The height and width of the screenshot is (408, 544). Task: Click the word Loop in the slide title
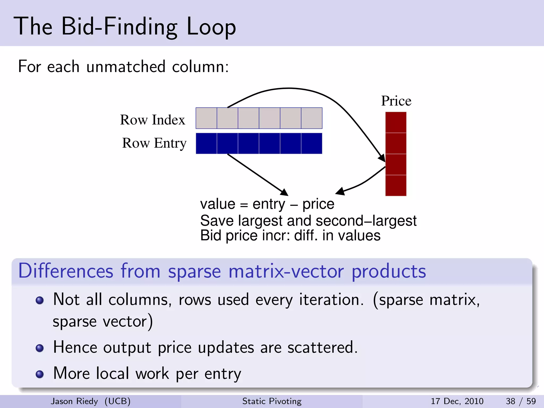point(211,27)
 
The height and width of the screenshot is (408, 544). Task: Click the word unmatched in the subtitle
point(126,66)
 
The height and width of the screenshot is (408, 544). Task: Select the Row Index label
point(152,120)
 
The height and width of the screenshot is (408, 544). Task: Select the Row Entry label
point(154,143)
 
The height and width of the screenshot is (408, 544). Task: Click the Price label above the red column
point(396,101)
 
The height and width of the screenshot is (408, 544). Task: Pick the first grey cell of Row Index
point(206,118)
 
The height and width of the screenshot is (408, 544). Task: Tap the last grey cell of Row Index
point(312,118)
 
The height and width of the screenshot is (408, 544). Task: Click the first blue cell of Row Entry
point(206,143)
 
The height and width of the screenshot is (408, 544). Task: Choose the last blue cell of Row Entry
point(312,143)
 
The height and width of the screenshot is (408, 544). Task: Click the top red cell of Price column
point(396,122)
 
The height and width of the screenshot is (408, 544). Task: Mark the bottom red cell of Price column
point(396,185)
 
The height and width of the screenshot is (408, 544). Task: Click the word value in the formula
point(218,204)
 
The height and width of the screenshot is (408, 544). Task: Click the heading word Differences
point(66,271)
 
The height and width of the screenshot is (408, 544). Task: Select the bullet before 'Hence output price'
point(40,348)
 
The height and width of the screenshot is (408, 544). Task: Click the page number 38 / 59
point(520,401)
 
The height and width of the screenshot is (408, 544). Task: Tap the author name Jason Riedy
point(74,401)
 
